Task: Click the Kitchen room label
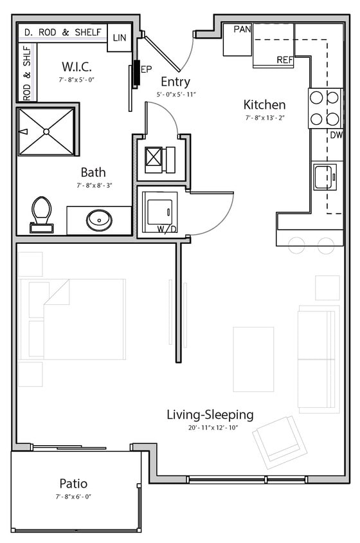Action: [264, 104]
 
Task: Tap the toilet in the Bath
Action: [41, 213]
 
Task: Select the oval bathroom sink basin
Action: [100, 220]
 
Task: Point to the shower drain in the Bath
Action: [46, 131]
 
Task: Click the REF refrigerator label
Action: [285, 60]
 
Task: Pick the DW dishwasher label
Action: [336, 135]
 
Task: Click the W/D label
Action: [166, 228]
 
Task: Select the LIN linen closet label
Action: [120, 38]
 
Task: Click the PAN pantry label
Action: [242, 29]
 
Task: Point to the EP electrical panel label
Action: [146, 68]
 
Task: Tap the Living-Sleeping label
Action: [210, 414]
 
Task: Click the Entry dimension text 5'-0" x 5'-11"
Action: [175, 95]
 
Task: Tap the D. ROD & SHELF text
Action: [62, 32]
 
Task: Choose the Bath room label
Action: [93, 172]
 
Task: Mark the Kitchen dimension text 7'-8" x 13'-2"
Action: [264, 118]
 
